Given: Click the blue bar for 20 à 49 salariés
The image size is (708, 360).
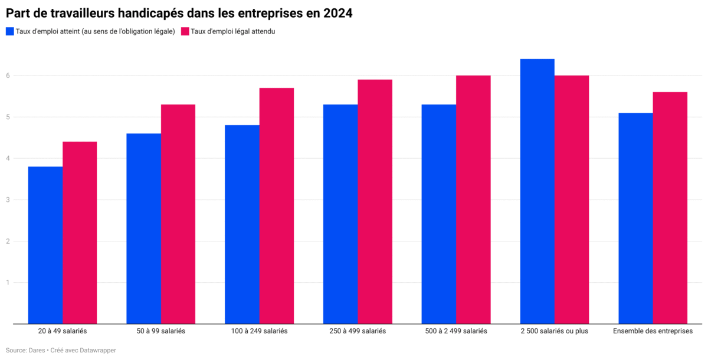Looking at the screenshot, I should point(45,245).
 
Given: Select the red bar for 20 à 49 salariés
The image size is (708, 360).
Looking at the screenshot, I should point(80,233).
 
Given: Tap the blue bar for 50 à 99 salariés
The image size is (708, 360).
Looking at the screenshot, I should point(143,228).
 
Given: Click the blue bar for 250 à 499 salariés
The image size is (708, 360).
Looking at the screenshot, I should point(340,214).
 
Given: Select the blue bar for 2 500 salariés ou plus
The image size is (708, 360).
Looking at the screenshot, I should point(537,191).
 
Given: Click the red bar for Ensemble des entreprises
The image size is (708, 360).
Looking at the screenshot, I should point(670,208).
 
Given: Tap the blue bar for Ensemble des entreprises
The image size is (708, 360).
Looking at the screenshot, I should point(635,218).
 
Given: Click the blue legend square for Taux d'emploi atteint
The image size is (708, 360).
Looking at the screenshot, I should point(9,31).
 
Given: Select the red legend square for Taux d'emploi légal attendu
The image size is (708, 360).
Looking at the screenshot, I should point(185,31).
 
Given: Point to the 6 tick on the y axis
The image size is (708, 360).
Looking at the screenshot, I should point(8,76).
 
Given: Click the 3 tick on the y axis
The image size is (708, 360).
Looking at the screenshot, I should point(8,199).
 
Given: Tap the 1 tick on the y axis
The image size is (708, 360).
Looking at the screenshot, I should point(8,282).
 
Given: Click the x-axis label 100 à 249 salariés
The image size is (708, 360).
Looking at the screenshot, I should point(260,331).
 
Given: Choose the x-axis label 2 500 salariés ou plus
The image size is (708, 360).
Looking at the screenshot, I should point(555,331).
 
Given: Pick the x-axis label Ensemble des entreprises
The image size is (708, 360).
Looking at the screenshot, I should point(653,331).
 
